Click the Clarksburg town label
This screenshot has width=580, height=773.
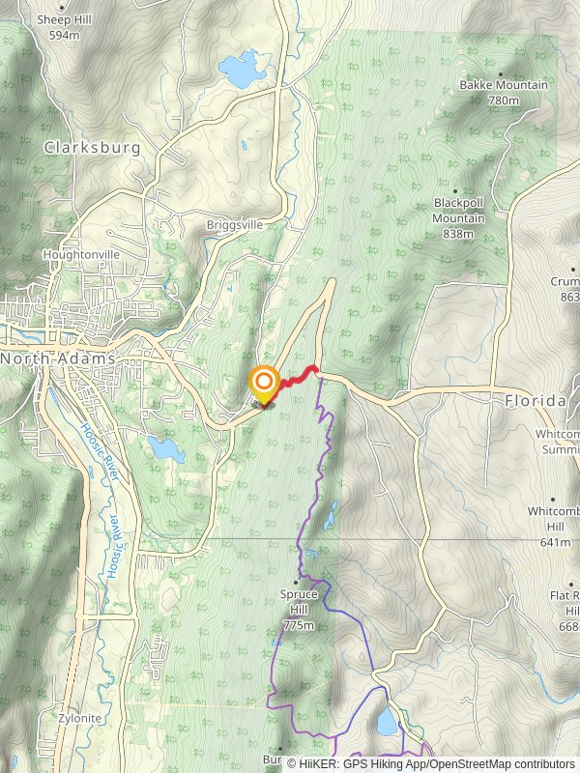92,148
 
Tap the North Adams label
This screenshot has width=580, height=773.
58,358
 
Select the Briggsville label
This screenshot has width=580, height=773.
234,224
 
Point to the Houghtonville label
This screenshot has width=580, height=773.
81,254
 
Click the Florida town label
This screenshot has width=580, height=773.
535,400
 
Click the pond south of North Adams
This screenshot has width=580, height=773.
165,448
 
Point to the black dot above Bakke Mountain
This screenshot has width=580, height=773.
501,72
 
